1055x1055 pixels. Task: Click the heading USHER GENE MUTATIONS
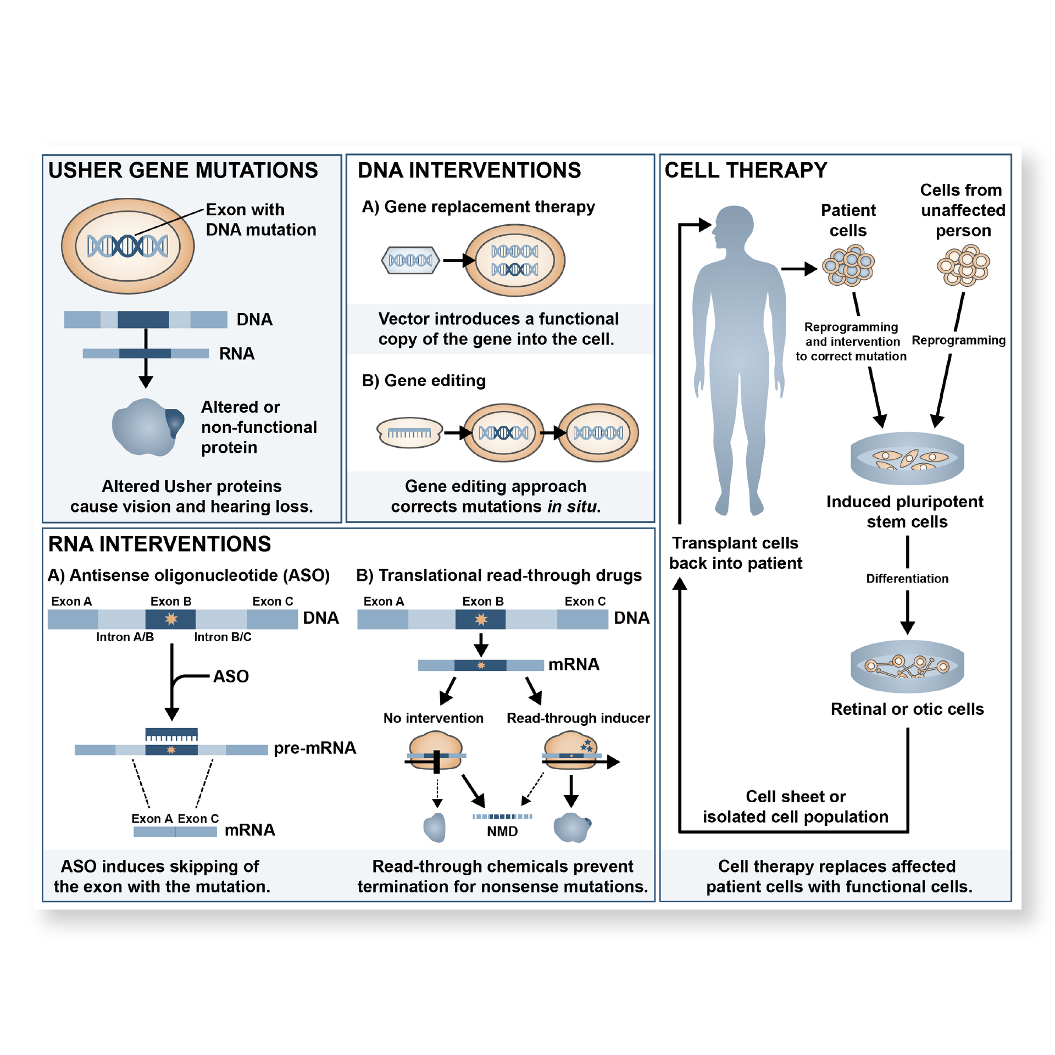coord(183,170)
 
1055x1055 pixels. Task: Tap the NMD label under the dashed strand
coord(502,831)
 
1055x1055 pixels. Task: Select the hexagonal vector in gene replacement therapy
coord(410,260)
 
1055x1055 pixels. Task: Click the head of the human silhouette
coord(735,225)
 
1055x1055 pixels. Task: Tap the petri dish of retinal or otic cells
coord(907,666)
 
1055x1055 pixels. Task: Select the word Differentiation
coord(907,579)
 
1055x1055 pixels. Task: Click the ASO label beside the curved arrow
coord(231,676)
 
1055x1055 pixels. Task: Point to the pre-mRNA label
coord(315,748)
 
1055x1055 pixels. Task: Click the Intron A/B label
coord(125,637)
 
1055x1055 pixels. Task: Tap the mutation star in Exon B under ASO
coord(171,619)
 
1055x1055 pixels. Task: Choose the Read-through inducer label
coord(578,718)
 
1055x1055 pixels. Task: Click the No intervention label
coord(433,718)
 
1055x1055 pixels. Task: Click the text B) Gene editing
coord(424,380)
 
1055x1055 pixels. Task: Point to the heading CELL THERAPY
coord(746,170)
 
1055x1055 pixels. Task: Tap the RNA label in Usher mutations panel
coord(236,354)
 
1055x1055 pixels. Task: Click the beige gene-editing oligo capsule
coord(409,433)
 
